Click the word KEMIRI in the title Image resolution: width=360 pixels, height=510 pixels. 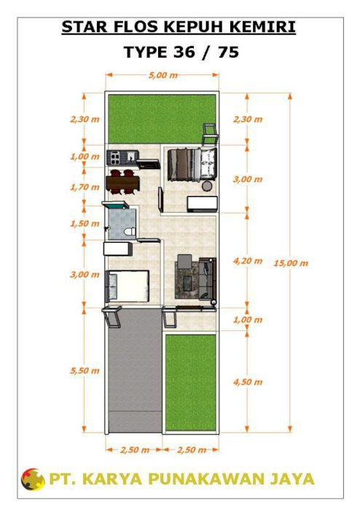262,27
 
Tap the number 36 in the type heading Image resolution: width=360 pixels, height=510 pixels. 184,52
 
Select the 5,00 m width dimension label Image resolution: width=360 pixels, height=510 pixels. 163,76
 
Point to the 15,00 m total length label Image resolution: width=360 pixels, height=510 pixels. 291,263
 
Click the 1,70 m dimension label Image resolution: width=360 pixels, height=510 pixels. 85,187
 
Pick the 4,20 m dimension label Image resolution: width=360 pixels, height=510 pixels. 248,261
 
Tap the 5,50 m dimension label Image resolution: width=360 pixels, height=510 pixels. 85,370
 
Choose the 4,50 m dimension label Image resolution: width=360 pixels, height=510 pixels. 248,382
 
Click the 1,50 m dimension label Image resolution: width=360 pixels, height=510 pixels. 85,224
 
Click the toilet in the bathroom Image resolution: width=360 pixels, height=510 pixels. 130,232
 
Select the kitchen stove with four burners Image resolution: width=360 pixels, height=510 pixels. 115,157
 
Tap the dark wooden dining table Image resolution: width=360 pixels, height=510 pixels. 123,183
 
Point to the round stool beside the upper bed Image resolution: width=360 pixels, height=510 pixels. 207,186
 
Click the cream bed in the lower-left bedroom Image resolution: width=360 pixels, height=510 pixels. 128,286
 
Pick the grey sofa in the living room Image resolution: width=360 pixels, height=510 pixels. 208,279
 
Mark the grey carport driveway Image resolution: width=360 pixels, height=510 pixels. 135,371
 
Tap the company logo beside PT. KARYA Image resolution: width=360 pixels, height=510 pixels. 33,479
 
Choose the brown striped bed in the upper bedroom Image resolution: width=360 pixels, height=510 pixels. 184,164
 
